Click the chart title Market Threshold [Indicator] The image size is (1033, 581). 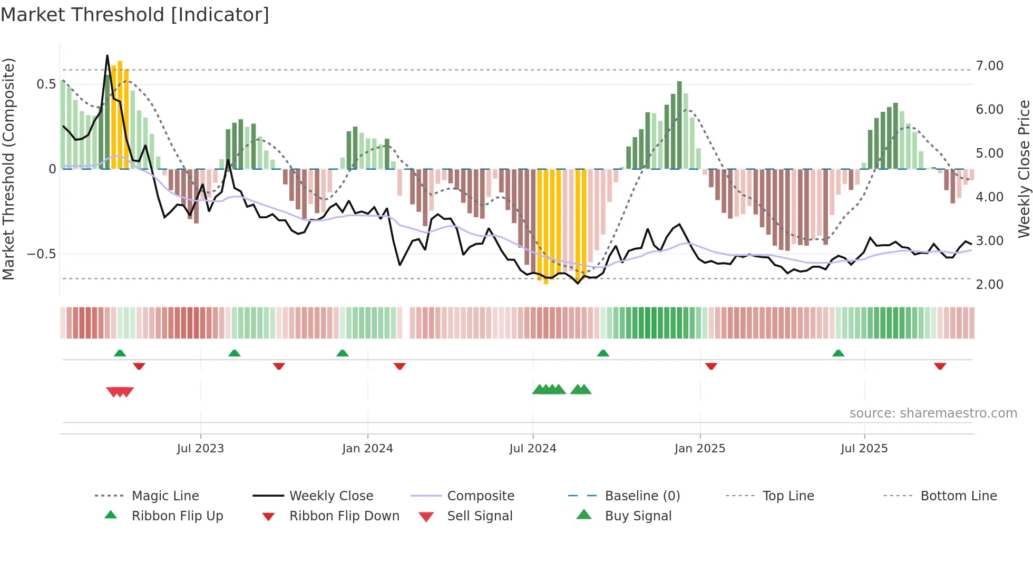(x=135, y=15)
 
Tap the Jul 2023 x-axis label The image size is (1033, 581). (x=200, y=449)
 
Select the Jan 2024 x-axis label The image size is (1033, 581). (x=367, y=449)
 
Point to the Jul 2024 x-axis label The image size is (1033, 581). (x=533, y=449)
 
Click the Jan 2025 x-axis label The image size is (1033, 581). (x=700, y=449)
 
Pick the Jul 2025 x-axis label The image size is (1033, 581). (x=864, y=449)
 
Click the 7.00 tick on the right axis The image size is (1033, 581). (x=989, y=66)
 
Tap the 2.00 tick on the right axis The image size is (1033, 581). (x=989, y=285)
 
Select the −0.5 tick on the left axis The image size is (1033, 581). (x=42, y=254)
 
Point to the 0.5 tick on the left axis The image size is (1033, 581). (x=46, y=84)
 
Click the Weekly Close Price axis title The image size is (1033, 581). (x=1024, y=169)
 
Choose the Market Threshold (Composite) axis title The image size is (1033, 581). (x=8, y=169)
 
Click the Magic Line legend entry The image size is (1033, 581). (x=165, y=496)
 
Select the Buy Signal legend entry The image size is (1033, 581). (x=638, y=516)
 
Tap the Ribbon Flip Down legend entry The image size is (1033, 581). (x=344, y=516)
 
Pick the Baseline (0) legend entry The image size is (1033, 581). (x=642, y=496)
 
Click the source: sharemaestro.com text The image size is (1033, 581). (x=933, y=413)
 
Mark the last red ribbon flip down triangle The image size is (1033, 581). (x=940, y=366)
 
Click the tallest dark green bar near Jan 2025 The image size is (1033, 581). (x=679, y=124)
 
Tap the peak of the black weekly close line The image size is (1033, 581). (x=108, y=56)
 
